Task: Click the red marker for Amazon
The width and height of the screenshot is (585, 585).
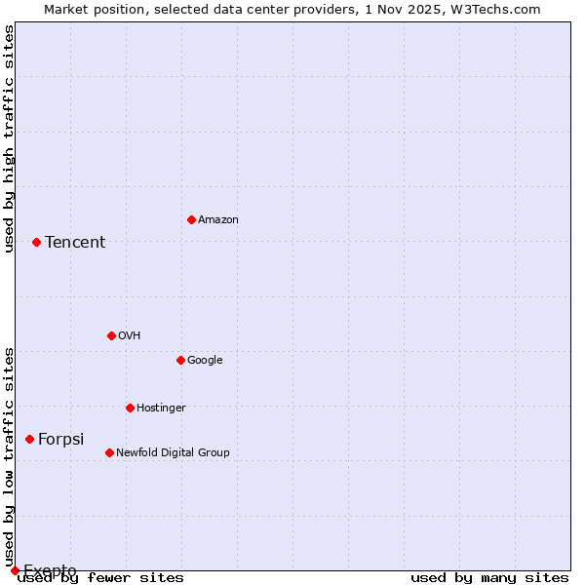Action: (191, 219)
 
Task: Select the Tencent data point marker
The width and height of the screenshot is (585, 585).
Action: (36, 242)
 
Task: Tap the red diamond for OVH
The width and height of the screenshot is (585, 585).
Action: (111, 335)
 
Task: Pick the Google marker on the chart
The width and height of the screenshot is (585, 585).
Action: (180, 360)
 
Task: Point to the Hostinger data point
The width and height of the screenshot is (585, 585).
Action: (130, 408)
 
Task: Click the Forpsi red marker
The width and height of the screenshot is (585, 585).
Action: (29, 439)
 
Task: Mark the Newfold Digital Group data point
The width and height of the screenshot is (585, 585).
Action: (109, 452)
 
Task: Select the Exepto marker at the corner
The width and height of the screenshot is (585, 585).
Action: (15, 570)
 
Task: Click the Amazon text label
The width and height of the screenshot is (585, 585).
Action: (218, 220)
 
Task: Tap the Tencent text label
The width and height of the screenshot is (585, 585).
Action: (75, 243)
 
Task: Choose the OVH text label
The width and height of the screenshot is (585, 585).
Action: (130, 336)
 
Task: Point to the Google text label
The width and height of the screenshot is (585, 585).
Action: (205, 361)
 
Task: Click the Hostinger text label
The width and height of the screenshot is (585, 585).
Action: (161, 409)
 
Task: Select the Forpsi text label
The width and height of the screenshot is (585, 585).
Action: (61, 440)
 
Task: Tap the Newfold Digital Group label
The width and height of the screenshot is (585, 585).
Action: (173, 453)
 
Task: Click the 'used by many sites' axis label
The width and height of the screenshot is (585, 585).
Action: (489, 578)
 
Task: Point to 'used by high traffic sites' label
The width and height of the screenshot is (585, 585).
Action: (10, 138)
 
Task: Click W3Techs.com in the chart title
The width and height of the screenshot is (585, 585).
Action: (501, 9)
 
